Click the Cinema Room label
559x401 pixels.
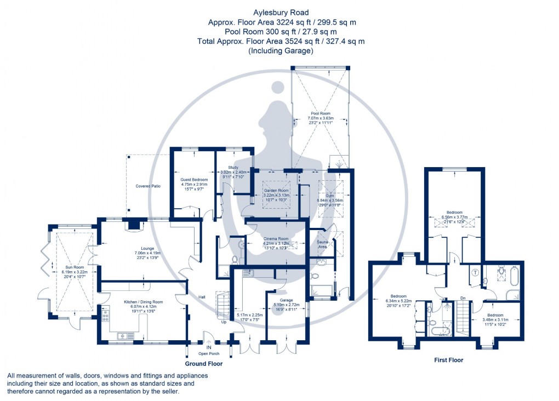click(x=276, y=239)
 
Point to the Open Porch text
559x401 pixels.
click(x=208, y=353)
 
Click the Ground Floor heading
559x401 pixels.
click(x=204, y=363)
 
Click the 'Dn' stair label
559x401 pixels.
click(x=463, y=299)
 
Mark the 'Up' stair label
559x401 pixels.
click(x=223, y=322)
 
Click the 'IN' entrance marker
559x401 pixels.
click(x=208, y=347)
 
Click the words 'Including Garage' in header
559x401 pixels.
click(x=281, y=50)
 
